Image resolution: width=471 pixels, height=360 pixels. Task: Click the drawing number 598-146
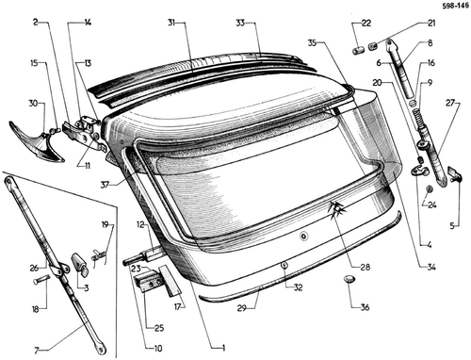[x=455, y=6]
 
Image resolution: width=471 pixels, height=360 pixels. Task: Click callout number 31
[x=171, y=23]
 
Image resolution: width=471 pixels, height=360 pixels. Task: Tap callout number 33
[x=240, y=23]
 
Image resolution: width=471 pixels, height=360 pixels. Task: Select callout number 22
[x=366, y=23]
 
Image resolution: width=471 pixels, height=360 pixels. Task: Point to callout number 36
[x=365, y=307]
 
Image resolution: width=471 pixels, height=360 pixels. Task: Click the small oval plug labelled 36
[x=349, y=278]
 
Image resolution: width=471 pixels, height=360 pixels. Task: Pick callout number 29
[x=241, y=308]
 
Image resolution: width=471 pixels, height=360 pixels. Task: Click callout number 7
[x=37, y=351]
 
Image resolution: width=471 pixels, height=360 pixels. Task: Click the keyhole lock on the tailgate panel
[x=303, y=236]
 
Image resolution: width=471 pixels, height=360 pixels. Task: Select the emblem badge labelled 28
[x=336, y=209]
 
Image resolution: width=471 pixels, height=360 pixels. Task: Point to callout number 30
[x=34, y=103]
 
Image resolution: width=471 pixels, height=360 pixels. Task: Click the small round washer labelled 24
[x=430, y=188]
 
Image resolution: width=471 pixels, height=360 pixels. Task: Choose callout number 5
[x=452, y=225]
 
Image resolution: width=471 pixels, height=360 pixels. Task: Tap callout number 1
[x=223, y=348]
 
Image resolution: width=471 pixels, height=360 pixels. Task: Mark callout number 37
[x=105, y=185]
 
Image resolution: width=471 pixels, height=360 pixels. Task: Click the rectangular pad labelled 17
[x=170, y=281]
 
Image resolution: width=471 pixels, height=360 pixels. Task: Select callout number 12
[x=140, y=224]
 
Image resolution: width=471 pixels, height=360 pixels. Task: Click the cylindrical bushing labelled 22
[x=358, y=50]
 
